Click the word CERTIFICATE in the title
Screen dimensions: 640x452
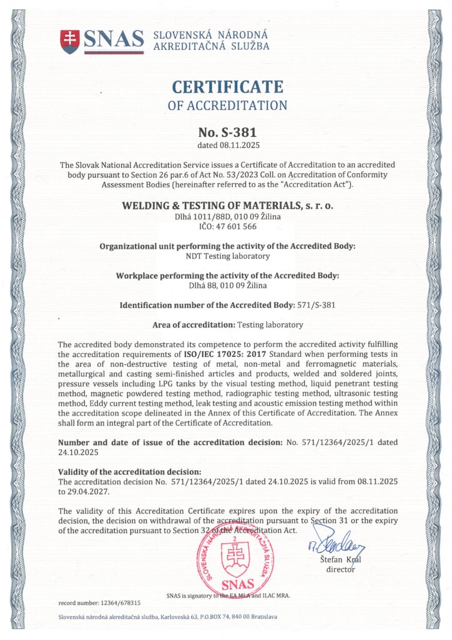point(227,86)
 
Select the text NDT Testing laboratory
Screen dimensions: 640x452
point(227,256)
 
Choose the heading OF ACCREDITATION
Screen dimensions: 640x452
point(227,105)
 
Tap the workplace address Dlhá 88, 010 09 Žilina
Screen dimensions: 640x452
point(227,286)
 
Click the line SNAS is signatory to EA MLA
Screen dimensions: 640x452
point(228,594)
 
